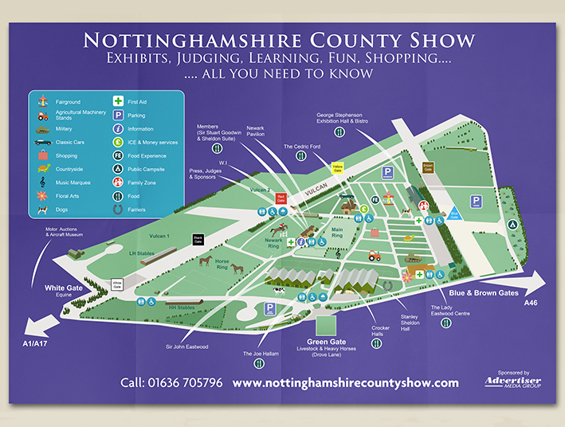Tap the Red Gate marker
[x=280, y=197]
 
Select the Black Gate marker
[x=198, y=238]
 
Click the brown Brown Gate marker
[x=427, y=168]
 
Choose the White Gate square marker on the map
[x=117, y=283]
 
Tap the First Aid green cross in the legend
[x=117, y=102]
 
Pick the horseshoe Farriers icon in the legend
[x=117, y=210]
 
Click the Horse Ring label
[x=222, y=264]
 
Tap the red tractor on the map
[x=374, y=255]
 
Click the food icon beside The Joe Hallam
[x=258, y=364]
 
